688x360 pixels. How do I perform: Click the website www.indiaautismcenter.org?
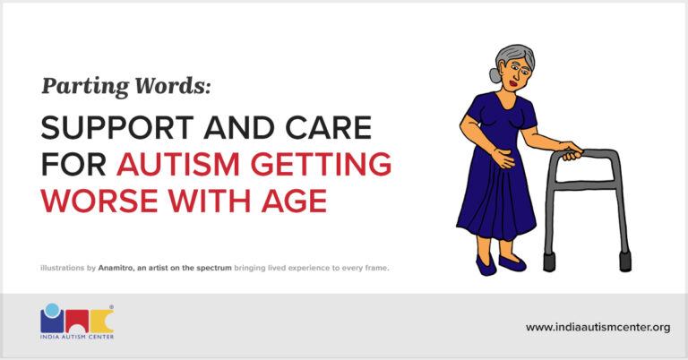pyautogui.click(x=598, y=327)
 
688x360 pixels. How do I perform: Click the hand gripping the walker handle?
pyautogui.click(x=568, y=148)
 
